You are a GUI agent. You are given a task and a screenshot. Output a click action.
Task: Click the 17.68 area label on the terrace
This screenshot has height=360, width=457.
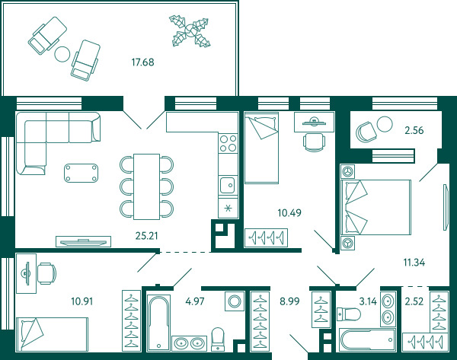click(x=142, y=62)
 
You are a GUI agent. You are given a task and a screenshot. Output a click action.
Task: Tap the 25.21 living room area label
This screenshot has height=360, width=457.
click(x=146, y=236)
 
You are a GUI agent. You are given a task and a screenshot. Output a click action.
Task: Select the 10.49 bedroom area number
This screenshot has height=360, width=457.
click(x=289, y=213)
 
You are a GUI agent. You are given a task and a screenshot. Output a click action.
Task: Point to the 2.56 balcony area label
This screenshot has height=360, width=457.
click(x=414, y=130)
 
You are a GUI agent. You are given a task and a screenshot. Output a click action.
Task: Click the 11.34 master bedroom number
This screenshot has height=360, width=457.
click(x=414, y=263)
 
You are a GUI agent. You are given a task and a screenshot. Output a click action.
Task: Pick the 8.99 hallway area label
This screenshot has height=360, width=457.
click(x=289, y=301)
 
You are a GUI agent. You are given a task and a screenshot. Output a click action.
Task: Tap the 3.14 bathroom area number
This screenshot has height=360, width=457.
click(x=368, y=301)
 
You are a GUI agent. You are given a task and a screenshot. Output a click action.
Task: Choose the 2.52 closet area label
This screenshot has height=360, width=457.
click(x=414, y=301)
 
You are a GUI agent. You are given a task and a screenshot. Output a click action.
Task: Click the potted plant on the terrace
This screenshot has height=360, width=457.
click(x=190, y=31)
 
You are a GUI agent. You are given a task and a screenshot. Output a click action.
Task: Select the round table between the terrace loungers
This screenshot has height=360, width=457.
click(x=62, y=54)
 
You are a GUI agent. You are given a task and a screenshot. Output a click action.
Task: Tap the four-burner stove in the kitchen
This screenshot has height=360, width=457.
click(x=228, y=143)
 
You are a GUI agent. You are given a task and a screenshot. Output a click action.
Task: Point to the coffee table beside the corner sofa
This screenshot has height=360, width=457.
click(x=81, y=173)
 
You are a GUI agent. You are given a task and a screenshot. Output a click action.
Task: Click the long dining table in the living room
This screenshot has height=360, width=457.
click(x=146, y=186)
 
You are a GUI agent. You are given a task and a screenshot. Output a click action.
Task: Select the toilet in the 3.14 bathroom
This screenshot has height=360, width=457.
click(x=349, y=314)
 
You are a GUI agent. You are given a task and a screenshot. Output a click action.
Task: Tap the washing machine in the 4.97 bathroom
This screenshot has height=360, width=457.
click(x=235, y=301)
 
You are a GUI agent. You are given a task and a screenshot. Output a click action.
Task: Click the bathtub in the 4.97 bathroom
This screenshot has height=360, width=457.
click(x=158, y=323)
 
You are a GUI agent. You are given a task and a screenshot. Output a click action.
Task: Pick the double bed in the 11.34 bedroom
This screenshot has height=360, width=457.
click(x=376, y=207)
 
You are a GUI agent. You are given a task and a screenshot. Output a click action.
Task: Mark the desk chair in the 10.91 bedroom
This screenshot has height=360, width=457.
click(x=46, y=273)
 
